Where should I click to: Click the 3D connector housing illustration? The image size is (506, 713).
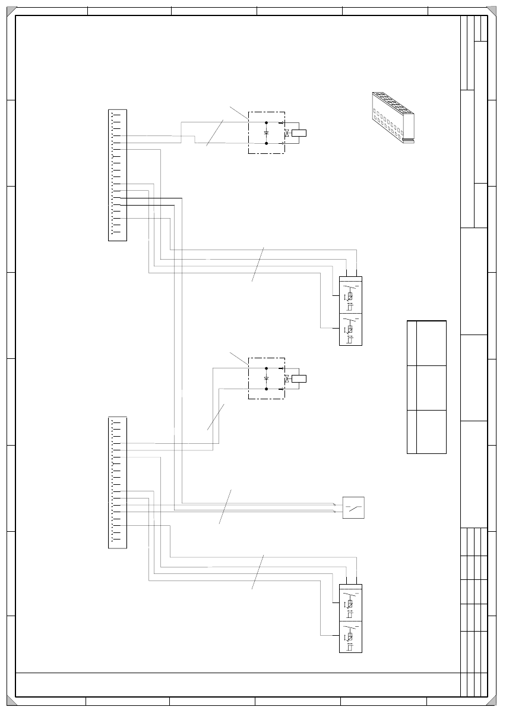393,118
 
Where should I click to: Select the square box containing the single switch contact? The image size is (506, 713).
353,507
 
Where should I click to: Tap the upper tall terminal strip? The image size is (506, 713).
118,175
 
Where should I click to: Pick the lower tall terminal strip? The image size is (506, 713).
118,482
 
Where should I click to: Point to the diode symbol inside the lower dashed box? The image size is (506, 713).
266,378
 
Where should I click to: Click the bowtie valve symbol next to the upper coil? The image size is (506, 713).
287,133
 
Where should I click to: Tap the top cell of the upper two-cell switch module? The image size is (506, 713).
350,295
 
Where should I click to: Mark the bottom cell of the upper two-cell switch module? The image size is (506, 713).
350,329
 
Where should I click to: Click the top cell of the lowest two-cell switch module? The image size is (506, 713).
350,603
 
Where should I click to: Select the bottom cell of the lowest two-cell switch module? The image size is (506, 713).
350,636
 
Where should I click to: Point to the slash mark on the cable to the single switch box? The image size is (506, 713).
224,507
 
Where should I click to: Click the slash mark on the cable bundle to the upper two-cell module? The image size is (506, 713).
258,264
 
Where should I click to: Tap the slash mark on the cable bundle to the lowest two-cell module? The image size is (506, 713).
258,572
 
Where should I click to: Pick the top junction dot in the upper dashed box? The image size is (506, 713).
266,123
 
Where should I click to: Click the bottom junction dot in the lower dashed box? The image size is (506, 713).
266,389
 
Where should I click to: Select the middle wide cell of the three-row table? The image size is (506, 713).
431,387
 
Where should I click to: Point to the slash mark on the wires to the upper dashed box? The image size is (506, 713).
215,132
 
